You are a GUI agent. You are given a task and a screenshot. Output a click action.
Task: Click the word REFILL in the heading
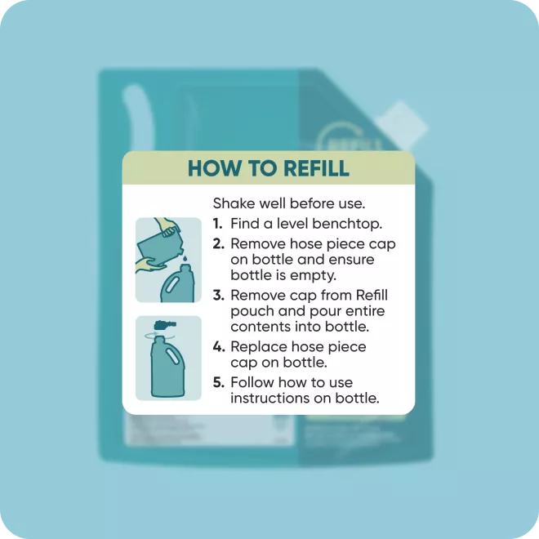316,168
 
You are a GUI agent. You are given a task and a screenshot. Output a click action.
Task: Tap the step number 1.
217,224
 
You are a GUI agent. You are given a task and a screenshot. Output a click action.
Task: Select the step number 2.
218,243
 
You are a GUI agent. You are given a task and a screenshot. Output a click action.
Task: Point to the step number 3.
218,296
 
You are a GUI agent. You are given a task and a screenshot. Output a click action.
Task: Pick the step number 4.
219,346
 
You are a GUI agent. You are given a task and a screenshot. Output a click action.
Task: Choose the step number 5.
218,382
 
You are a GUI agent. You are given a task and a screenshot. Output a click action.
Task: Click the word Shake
234,203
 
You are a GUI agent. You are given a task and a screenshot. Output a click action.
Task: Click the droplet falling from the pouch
185,257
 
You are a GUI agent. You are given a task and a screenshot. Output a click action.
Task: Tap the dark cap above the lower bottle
165,324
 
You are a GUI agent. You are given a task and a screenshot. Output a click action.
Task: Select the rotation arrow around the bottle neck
159,335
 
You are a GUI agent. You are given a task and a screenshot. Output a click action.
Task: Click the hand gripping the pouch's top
167,226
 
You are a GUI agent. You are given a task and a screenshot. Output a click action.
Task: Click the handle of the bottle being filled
171,285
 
